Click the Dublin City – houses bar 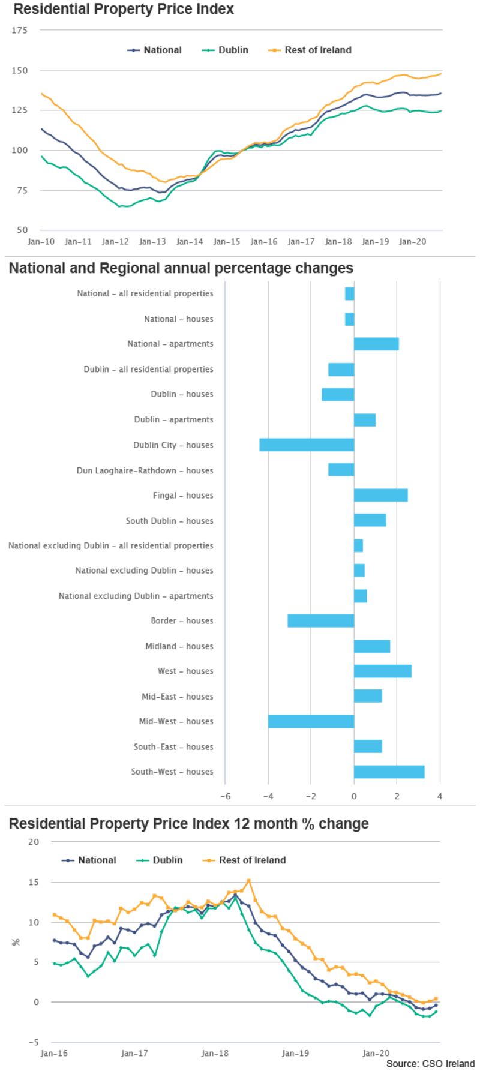(307, 445)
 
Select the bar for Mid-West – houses (311, 721)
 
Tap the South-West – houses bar (389, 772)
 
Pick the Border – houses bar (320, 621)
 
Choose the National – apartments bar (376, 344)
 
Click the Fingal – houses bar (380, 495)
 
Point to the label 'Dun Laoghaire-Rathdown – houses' (145, 470)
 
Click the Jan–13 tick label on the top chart (152, 241)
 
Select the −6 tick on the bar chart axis (225, 796)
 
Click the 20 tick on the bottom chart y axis (34, 842)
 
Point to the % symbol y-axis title (16, 942)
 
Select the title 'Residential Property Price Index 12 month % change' (188, 824)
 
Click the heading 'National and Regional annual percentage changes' (181, 268)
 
